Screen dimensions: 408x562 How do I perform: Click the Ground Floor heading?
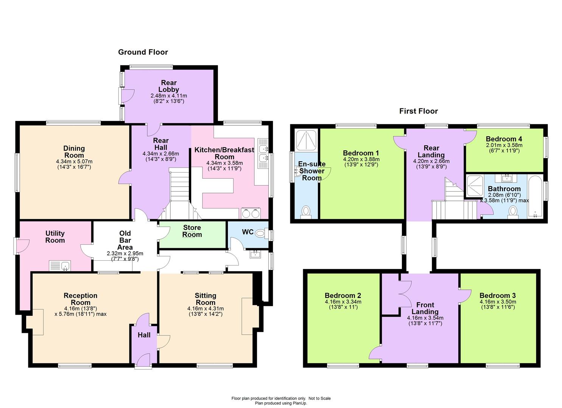point(143,52)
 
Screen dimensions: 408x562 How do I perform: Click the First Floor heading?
point(418,111)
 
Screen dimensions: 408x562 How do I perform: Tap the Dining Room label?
point(74,151)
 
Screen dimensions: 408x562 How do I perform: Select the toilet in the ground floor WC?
point(260,234)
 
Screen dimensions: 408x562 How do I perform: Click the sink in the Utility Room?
point(60,266)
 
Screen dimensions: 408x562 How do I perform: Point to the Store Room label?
point(192,231)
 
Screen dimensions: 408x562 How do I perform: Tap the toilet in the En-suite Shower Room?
point(306,212)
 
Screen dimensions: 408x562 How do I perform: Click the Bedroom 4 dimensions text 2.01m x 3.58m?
point(504,145)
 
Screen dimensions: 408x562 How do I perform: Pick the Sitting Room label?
point(205,299)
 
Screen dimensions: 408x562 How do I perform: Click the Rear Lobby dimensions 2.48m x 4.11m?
point(168,96)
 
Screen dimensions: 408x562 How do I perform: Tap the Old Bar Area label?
point(125,240)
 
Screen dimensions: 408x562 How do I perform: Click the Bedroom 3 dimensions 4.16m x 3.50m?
point(497,302)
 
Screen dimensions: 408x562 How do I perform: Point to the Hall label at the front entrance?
point(144,335)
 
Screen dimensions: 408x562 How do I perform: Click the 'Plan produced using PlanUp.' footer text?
point(281,403)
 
